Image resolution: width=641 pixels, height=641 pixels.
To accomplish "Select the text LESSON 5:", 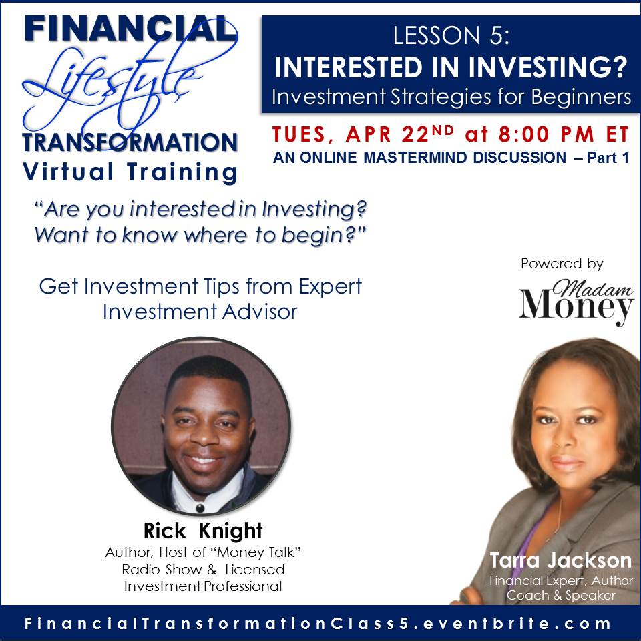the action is (x=451, y=35).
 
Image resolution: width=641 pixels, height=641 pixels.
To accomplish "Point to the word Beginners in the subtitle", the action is (x=582, y=97).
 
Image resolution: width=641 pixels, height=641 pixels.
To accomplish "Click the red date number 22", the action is (x=415, y=134).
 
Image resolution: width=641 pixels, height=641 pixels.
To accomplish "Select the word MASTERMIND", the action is (x=415, y=158).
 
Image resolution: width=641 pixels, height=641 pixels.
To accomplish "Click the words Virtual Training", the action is (x=130, y=172).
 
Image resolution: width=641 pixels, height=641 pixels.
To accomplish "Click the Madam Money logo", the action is (x=576, y=302).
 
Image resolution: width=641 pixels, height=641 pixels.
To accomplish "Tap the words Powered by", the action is (x=562, y=264).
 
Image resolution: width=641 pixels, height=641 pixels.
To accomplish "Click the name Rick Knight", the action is (x=203, y=531).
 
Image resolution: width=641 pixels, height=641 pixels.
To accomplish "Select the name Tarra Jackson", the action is (x=560, y=560).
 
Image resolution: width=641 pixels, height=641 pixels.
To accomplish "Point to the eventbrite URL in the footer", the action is (x=318, y=624).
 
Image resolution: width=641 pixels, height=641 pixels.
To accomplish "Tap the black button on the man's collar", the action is (x=200, y=508).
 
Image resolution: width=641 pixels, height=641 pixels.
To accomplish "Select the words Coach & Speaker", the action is (x=561, y=595).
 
